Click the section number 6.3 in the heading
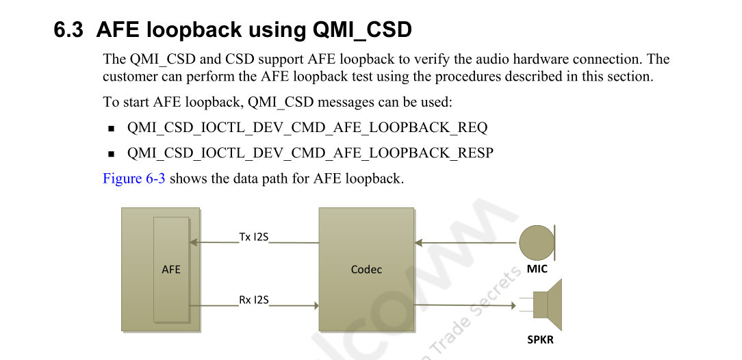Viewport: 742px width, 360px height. tap(68, 30)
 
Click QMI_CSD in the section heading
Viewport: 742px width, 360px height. tap(362, 30)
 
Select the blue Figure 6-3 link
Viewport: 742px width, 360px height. tap(133, 179)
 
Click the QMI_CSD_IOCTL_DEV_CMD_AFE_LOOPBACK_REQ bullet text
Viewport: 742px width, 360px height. tap(307, 128)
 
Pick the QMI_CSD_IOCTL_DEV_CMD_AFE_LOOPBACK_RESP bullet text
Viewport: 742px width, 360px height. tap(310, 153)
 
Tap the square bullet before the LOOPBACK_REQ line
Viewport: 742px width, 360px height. tap(111, 129)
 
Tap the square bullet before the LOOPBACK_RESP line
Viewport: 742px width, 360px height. tap(111, 154)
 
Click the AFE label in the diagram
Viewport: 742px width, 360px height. tap(171, 270)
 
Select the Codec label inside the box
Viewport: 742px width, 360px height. tap(366, 270)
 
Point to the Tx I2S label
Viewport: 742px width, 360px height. tap(253, 237)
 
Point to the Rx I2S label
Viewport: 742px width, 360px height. tap(253, 300)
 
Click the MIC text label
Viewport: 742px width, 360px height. tap(537, 269)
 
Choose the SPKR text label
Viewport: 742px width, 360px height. tap(540, 339)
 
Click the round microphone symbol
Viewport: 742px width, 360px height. tap(537, 242)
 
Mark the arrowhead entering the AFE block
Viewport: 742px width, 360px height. tap(193, 242)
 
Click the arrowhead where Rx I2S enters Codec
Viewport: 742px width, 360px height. tap(316, 305)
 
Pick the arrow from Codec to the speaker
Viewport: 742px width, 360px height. tap(465, 305)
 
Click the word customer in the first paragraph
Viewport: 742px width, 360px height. tap(130, 77)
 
